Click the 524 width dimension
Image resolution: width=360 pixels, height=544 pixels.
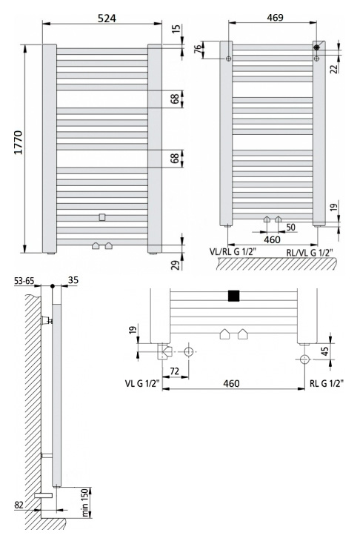tap(107, 18)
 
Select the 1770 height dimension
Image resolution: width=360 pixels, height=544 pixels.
tap(18, 142)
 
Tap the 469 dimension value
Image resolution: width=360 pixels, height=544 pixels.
tap(275, 17)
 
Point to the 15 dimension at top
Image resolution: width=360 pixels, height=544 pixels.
tap(176, 29)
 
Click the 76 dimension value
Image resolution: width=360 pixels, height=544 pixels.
tap(197, 48)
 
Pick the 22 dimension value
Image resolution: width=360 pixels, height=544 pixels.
tap(333, 69)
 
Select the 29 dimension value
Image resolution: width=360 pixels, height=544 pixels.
tap(176, 265)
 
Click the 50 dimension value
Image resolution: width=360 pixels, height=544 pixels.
tap(290, 228)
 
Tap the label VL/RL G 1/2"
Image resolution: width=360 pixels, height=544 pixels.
tap(233, 251)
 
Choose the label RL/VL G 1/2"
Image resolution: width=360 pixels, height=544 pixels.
tap(310, 253)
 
